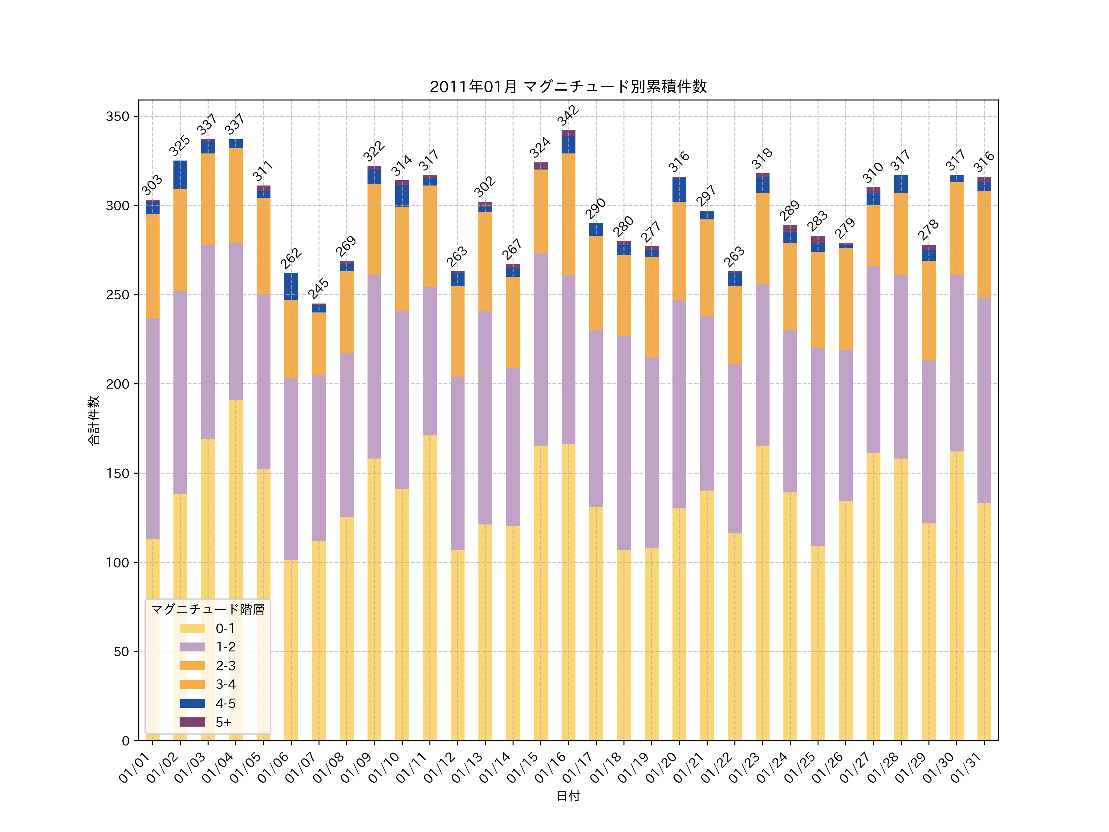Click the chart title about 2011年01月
(x=568, y=87)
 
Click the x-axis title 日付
(x=568, y=796)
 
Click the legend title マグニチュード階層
(x=208, y=609)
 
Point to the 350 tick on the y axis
(x=117, y=116)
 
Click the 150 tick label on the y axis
(x=117, y=473)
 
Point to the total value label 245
(x=318, y=288)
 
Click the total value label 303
(x=152, y=185)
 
